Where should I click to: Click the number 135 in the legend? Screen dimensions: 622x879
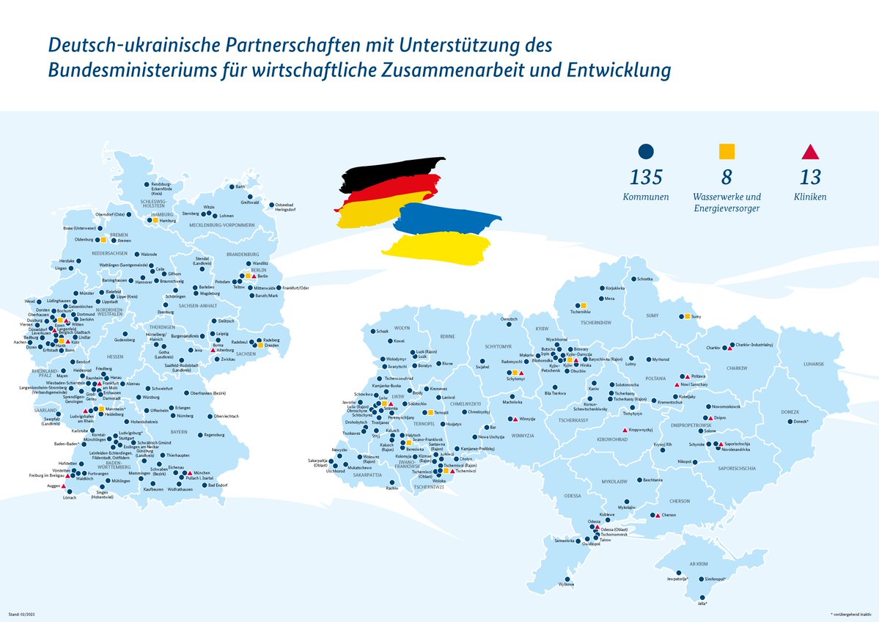tap(645, 177)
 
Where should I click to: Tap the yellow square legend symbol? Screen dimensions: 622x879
tap(727, 151)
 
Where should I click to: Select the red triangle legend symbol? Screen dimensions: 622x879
tap(810, 151)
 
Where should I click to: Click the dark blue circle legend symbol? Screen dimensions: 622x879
tap(645, 151)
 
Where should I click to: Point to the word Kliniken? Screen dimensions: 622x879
tap(810, 197)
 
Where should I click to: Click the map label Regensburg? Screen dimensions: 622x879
tap(213, 435)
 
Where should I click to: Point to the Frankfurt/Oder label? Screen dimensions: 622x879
tap(295, 288)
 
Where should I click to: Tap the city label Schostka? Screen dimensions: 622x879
tap(644, 279)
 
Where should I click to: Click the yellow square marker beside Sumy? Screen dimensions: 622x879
tap(687, 316)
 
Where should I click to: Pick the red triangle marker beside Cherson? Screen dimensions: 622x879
tap(658, 515)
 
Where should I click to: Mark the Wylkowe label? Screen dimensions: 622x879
tap(567, 584)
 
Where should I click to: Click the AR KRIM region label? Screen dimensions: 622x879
tap(698, 564)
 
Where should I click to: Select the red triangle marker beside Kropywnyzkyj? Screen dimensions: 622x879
tap(625, 431)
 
